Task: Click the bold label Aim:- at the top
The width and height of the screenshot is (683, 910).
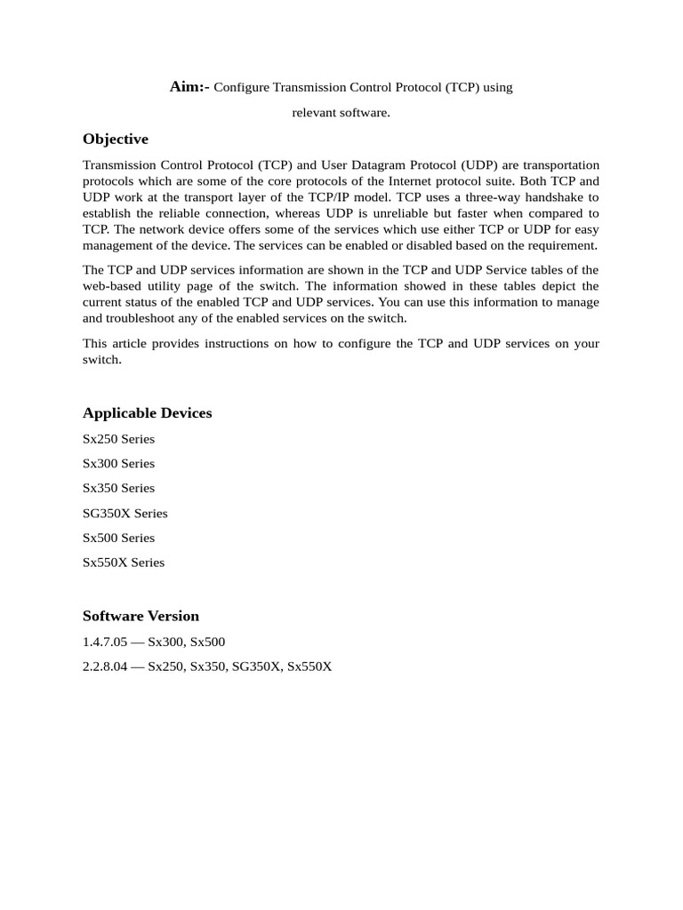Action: (189, 87)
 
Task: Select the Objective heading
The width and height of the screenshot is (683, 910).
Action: (116, 140)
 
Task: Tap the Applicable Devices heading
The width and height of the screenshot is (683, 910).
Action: (148, 413)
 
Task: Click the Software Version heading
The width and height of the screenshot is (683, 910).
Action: (141, 616)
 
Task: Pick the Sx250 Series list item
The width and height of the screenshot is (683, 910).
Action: (118, 439)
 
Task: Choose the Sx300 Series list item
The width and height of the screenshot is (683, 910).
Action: (118, 464)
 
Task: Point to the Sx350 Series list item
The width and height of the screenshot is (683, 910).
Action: (118, 488)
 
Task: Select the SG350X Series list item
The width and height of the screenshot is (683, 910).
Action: (125, 513)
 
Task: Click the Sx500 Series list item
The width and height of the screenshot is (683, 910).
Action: (118, 538)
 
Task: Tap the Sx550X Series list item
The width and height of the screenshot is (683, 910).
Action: (124, 563)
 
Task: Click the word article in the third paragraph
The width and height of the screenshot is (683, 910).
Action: (133, 344)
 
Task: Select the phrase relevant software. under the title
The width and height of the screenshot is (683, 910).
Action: (341, 113)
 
